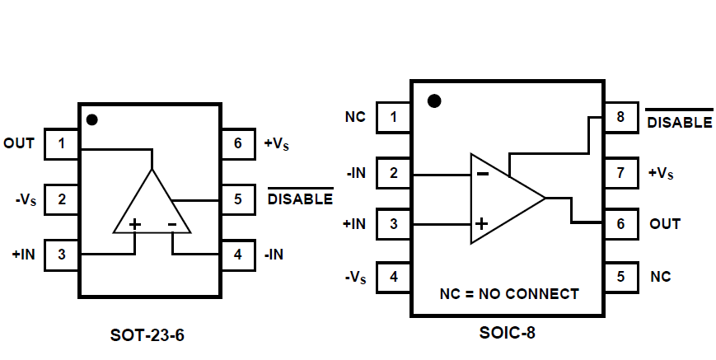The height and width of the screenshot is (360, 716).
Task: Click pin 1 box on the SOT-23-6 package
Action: tap(61, 144)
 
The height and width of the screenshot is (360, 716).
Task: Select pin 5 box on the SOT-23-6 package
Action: tap(237, 199)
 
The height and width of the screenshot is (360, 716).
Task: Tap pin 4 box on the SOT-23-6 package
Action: tap(237, 255)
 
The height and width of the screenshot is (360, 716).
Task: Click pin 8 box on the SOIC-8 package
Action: tap(620, 118)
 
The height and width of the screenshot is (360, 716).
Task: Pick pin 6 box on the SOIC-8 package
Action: tap(620, 224)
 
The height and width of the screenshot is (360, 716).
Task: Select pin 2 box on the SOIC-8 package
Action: tap(393, 173)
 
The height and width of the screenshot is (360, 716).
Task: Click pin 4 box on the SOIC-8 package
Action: tap(393, 277)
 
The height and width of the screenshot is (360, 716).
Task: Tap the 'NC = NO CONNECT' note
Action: tap(509, 293)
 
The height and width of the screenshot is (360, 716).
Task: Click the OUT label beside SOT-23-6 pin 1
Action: tap(19, 143)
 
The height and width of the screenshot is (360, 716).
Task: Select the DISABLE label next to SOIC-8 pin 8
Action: tap(679, 122)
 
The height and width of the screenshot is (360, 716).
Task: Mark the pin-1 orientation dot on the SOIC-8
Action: tap(434, 101)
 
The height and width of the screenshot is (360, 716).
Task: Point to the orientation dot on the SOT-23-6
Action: tap(92, 120)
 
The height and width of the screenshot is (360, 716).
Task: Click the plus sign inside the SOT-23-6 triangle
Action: tap(134, 224)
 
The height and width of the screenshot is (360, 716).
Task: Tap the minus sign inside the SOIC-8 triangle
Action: tap(483, 173)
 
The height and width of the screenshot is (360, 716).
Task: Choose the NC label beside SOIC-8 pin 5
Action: tap(660, 277)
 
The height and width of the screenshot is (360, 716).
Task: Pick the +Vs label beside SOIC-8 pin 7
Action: tap(661, 173)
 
